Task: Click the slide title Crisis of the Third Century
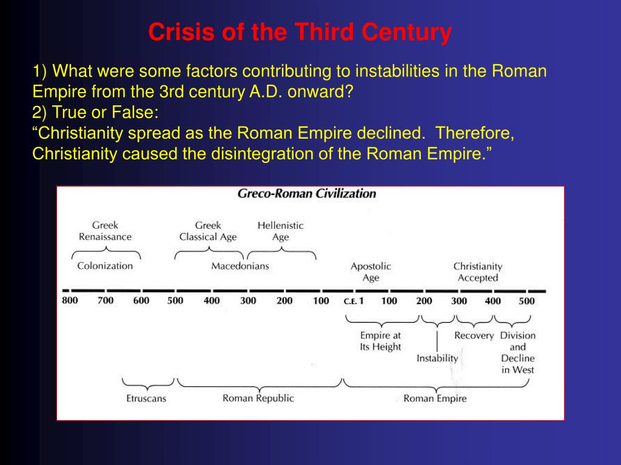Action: tap(300, 32)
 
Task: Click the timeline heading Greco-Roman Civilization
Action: tap(306, 194)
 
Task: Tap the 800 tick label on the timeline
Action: tap(70, 300)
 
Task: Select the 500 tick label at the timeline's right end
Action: tap(526, 301)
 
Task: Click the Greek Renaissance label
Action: tap(105, 231)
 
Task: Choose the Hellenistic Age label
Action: tap(280, 231)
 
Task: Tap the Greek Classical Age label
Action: tap(208, 231)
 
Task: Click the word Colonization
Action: tap(105, 266)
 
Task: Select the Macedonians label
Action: tap(240, 266)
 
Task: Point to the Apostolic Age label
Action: tap(371, 272)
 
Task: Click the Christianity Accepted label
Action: tap(478, 272)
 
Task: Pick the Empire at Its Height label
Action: tap(380, 341)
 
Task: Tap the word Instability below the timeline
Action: tap(437, 358)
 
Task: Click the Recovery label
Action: tap(474, 335)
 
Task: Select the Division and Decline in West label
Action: tap(518, 352)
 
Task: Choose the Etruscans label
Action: tap(146, 398)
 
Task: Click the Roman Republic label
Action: tap(258, 398)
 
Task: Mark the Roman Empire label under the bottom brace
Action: tap(435, 398)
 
